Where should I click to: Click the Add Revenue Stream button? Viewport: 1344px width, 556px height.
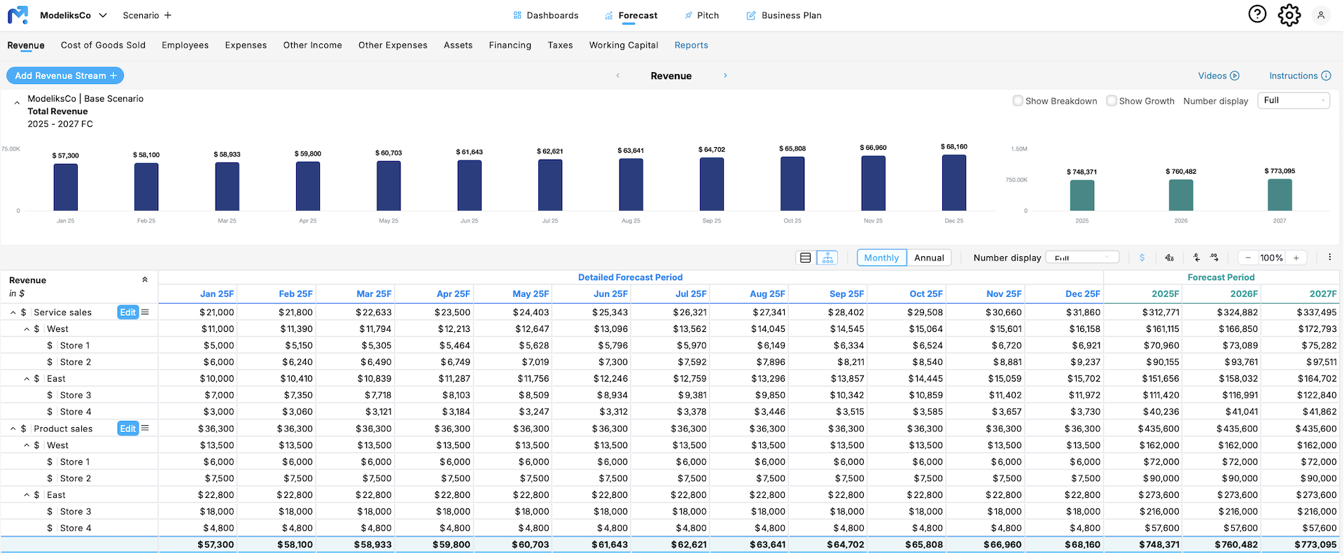65,76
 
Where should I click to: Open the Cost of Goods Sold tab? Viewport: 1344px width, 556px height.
103,45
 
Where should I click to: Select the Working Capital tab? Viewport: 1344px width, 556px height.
623,45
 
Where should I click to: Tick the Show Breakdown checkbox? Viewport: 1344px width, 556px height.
1018,101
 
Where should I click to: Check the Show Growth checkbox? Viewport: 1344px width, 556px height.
1111,101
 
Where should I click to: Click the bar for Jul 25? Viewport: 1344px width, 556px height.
550,185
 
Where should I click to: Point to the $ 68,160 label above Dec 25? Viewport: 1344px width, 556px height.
953,147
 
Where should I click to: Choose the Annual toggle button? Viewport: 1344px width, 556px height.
929,258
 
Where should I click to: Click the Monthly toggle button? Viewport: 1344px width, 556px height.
881,258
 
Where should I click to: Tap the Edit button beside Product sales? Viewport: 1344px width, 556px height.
127,429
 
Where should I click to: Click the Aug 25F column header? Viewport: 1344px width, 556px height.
767,294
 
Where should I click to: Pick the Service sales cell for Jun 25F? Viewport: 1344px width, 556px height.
610,312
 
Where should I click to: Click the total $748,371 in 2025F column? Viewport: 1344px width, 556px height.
1158,544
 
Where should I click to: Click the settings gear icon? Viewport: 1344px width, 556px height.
1289,15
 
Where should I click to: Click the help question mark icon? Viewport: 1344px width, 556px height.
1257,14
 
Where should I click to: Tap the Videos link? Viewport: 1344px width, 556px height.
1218,76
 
